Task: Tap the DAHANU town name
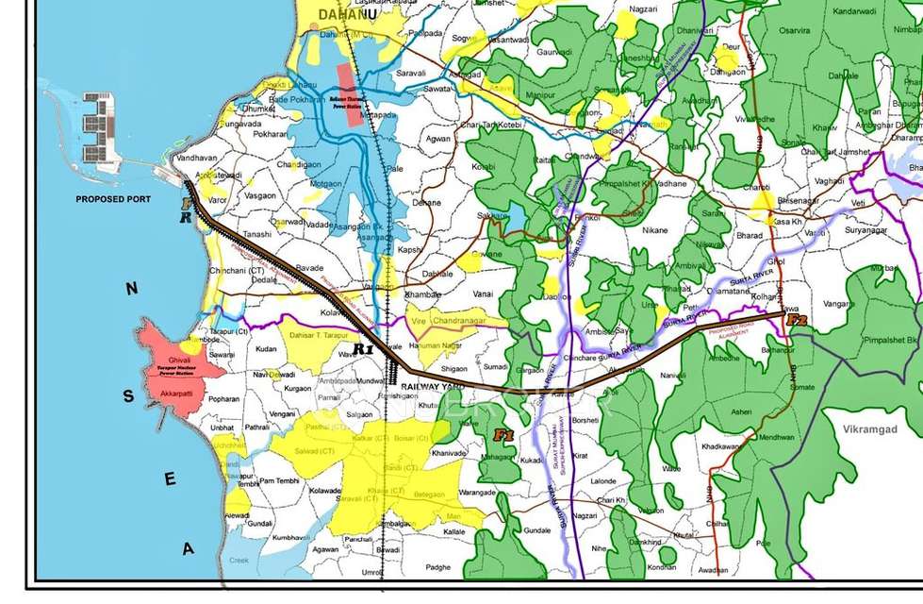pyautogui.click(x=333, y=15)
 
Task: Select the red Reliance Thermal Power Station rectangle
pyautogui.click(x=348, y=88)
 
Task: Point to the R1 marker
pyautogui.click(x=364, y=348)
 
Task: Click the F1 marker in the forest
pyautogui.click(x=503, y=435)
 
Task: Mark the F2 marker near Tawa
pyautogui.click(x=798, y=321)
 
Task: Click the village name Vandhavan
pyautogui.click(x=196, y=159)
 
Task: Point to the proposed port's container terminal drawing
pyautogui.click(x=97, y=126)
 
